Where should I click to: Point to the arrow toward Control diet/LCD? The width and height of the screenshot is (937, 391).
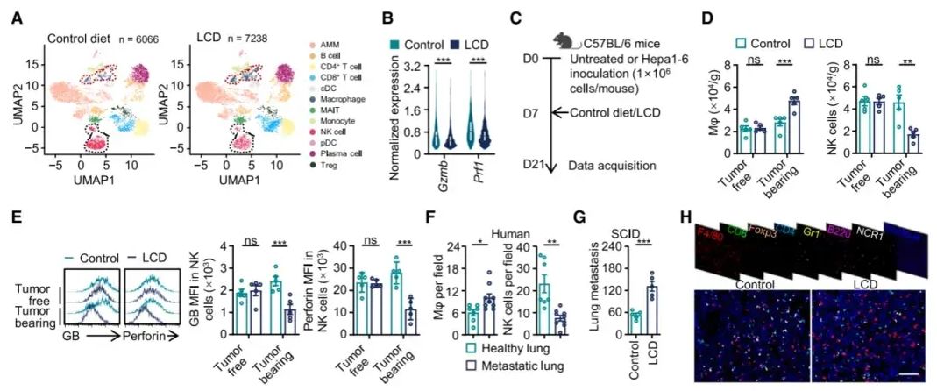coord(559,112)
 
